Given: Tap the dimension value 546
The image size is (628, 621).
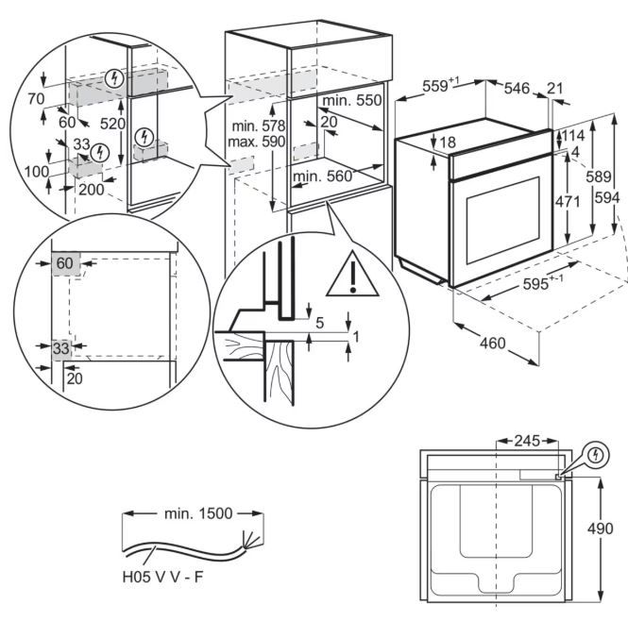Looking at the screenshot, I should (x=517, y=87).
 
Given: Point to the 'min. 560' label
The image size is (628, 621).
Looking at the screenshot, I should (x=321, y=176).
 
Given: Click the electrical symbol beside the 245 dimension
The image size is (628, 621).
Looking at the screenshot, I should (x=594, y=456).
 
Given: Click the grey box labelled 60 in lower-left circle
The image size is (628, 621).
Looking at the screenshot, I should (x=65, y=263).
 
